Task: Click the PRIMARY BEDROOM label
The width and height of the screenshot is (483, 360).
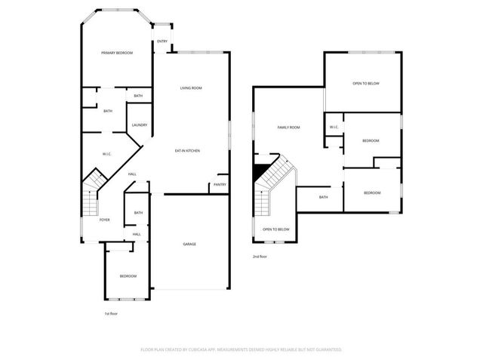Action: coord(117,53)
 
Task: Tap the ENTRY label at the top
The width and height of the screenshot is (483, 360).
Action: coord(162,42)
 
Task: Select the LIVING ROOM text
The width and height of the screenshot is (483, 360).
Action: coord(191,88)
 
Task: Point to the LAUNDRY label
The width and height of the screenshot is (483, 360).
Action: coord(139,125)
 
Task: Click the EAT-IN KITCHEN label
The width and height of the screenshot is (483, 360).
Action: coord(187,151)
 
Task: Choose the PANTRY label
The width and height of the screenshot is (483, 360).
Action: coord(220,184)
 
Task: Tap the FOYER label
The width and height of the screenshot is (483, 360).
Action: coord(104,220)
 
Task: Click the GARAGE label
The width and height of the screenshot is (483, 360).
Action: coord(189,244)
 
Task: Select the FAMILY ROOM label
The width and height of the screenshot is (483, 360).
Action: coord(288,128)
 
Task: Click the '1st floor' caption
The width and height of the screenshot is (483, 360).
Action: coord(110,313)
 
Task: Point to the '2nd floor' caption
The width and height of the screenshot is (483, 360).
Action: coord(260,257)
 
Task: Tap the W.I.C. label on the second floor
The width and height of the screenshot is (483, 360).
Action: coord(334,127)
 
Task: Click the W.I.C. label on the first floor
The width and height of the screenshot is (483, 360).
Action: coord(107,155)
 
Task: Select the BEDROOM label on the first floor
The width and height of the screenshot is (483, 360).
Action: coord(128,276)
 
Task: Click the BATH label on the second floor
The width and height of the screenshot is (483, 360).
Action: coord(323,197)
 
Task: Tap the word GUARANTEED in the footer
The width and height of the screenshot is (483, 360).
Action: coord(327,349)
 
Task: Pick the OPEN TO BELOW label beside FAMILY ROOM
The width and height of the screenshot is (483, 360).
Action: coord(366,83)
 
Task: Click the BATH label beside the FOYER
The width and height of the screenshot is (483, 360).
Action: coord(138,213)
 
